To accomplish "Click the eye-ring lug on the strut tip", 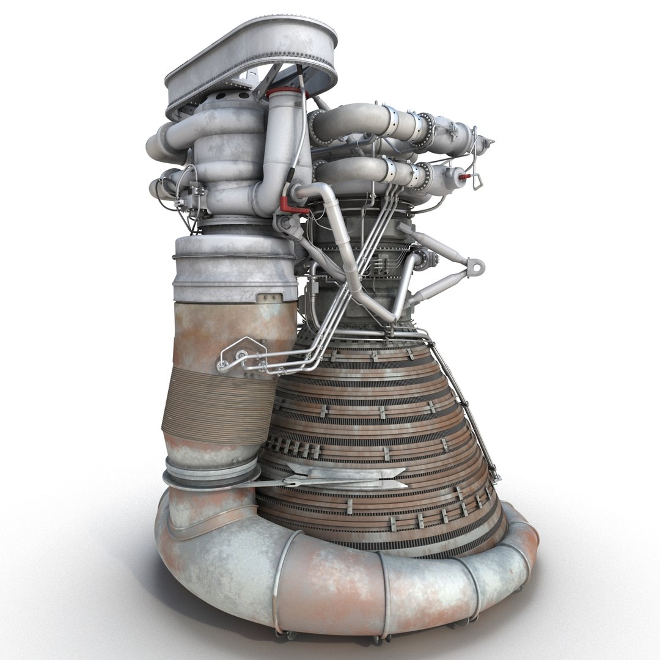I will click(x=475, y=266).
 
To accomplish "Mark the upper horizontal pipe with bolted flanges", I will click(x=391, y=125).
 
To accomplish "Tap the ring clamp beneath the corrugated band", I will click(x=211, y=474).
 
